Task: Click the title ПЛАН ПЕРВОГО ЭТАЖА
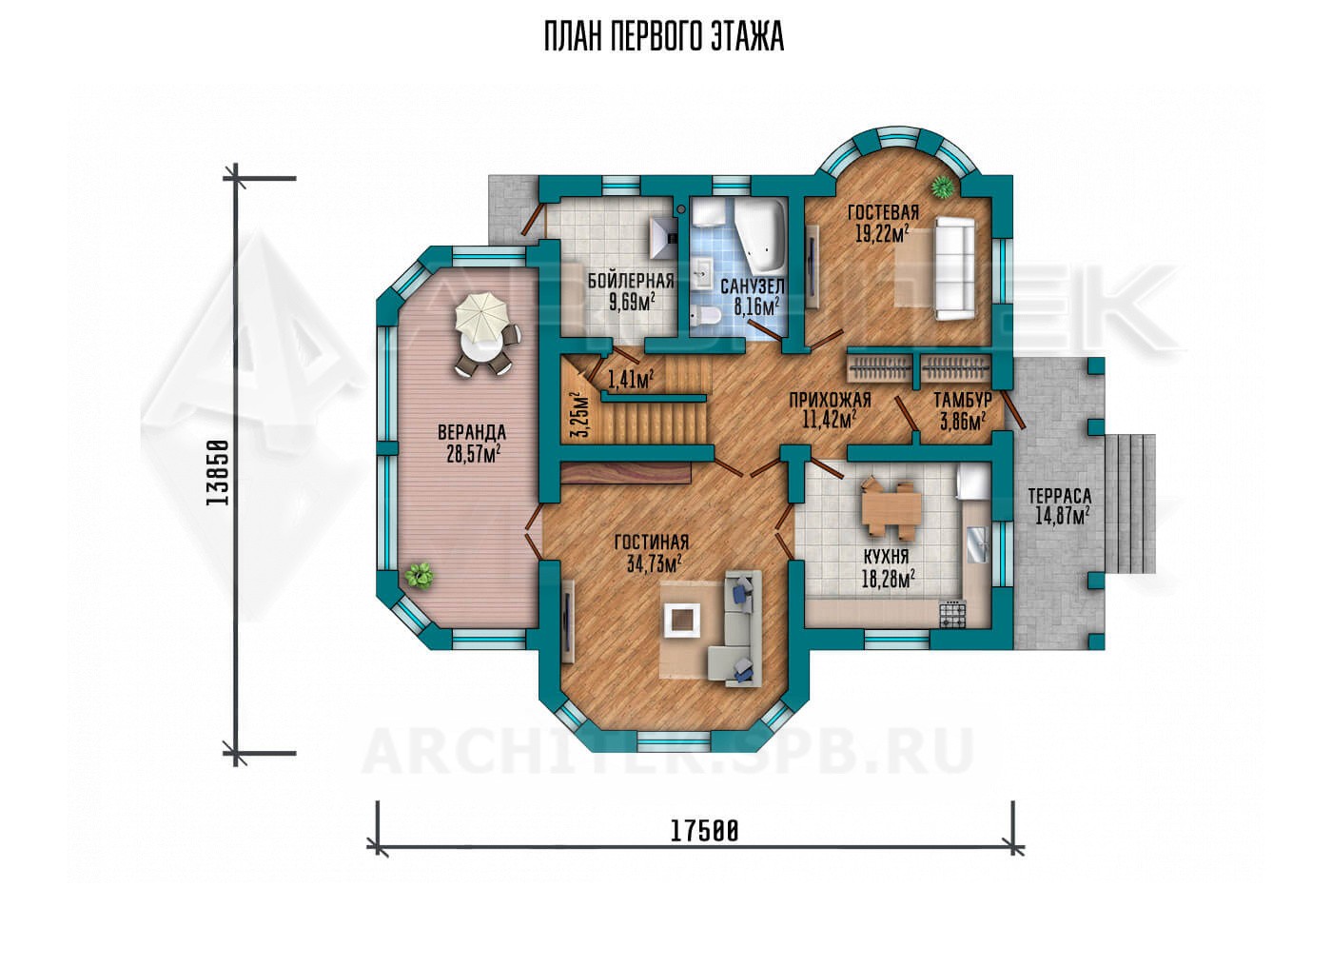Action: click(x=664, y=38)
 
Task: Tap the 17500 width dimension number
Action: click(x=705, y=831)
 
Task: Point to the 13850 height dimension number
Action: click(x=217, y=473)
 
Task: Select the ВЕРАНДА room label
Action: click(x=472, y=431)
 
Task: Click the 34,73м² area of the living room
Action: click(x=655, y=562)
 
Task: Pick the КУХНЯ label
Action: click(x=886, y=557)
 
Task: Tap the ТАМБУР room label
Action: click(x=963, y=399)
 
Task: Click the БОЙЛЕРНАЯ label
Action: click(x=632, y=281)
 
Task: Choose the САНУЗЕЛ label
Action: click(x=753, y=286)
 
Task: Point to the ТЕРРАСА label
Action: click(x=1060, y=495)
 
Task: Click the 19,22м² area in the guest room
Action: click(x=882, y=233)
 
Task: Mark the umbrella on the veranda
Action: click(x=481, y=316)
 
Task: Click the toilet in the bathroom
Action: click(x=705, y=315)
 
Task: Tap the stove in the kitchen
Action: click(x=952, y=614)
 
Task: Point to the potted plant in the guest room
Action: click(x=942, y=187)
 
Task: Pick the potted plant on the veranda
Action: click(x=420, y=576)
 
